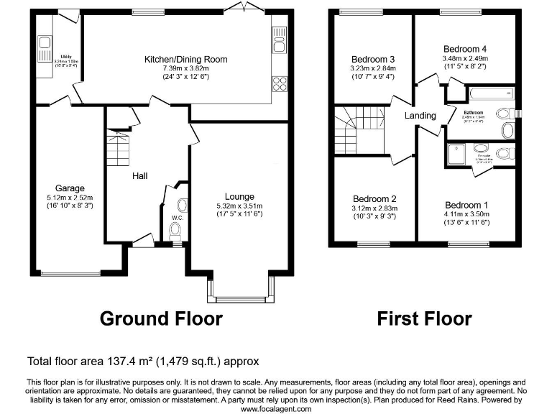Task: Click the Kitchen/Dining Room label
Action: [185, 59]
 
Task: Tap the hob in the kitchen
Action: [279, 83]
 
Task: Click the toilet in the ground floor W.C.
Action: [174, 230]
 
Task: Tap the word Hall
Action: [139, 175]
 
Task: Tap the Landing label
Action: [420, 116]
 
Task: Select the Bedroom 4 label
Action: [465, 49]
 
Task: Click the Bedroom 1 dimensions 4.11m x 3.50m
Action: [465, 213]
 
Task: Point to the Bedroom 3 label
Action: [372, 59]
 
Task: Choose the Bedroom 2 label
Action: [374, 199]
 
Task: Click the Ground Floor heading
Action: [160, 318]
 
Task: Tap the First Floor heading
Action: [424, 318]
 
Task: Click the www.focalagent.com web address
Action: [275, 408]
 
